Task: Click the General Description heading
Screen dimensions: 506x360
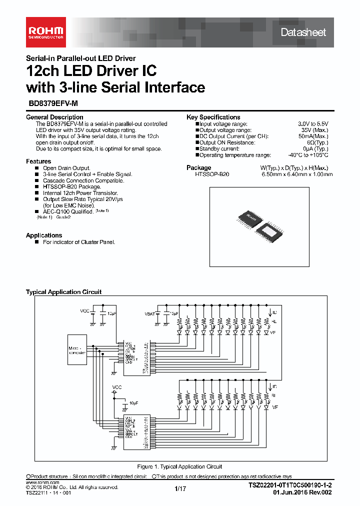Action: point(54,117)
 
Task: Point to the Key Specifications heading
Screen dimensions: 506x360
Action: point(213,117)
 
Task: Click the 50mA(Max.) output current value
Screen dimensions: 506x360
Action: point(313,136)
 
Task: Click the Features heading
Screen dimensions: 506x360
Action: point(38,161)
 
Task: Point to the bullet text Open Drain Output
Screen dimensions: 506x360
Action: point(66,168)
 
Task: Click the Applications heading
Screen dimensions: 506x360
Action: point(44,235)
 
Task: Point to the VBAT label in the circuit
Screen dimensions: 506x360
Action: point(149,313)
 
